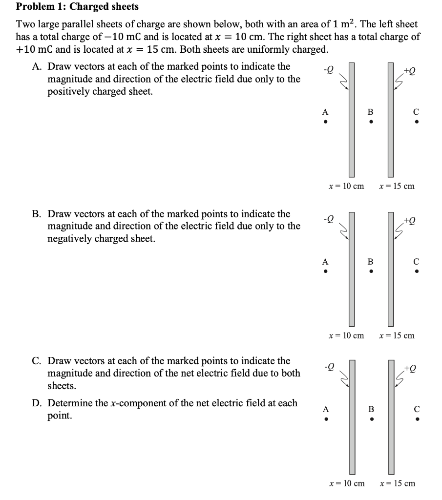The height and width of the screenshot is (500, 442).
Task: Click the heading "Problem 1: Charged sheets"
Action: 77,7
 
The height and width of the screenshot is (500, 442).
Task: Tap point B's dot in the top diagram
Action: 371,122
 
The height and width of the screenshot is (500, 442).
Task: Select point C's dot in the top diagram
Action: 416,122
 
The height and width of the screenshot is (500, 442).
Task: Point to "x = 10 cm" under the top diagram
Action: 346,186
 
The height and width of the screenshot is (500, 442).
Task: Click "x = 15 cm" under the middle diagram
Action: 397,335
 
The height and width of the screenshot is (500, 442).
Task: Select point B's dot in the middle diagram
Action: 371,272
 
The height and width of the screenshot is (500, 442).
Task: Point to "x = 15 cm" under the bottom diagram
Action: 397,483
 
